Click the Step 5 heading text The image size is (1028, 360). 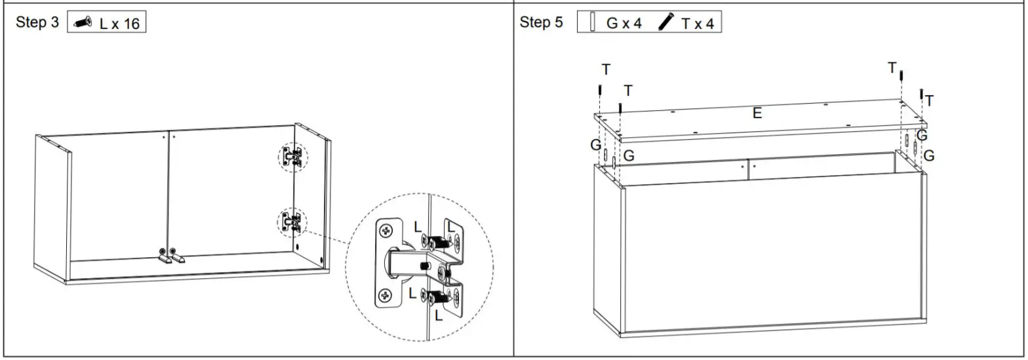coord(541,22)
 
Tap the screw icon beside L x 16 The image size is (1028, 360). coord(83,23)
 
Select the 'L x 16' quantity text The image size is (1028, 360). coord(119,24)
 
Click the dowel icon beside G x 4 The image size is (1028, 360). coord(592,23)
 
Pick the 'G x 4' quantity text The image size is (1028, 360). coord(623,24)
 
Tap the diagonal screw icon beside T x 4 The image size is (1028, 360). coord(666,23)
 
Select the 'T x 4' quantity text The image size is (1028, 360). coord(698,24)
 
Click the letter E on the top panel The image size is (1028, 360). coord(757,113)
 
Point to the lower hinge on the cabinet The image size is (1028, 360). coord(292,222)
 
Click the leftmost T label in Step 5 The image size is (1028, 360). coord(606,70)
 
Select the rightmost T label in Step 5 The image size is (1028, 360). coord(929,100)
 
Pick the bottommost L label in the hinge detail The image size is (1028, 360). coord(439,315)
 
